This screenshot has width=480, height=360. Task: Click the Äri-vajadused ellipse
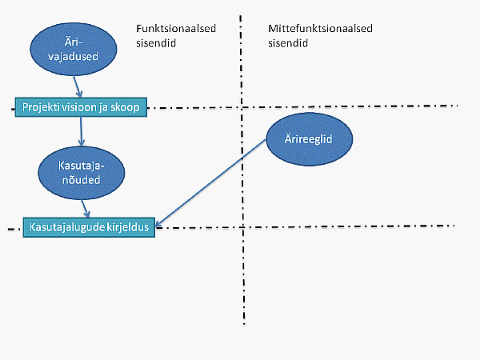(x=74, y=49)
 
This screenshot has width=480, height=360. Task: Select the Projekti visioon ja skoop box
(x=81, y=107)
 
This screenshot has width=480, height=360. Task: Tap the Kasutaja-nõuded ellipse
(x=82, y=173)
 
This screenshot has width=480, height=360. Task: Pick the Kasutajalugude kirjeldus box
(x=89, y=227)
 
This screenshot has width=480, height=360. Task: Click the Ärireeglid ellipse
(x=310, y=139)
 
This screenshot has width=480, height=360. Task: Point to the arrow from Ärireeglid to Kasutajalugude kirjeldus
(x=210, y=184)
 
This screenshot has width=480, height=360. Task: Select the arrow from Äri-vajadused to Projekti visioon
(x=77, y=86)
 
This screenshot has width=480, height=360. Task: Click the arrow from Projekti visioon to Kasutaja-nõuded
(x=81, y=132)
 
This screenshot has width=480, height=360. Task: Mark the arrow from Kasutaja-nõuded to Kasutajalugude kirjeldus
(x=86, y=209)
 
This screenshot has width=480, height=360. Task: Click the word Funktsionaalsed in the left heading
(x=176, y=29)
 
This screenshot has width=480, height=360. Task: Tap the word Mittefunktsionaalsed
(x=320, y=29)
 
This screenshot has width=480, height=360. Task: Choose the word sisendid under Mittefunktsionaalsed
(x=288, y=43)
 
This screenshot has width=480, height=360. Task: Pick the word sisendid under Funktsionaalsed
(x=156, y=43)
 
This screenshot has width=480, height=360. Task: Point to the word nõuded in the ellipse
(x=82, y=180)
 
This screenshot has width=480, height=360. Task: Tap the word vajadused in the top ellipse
(x=73, y=57)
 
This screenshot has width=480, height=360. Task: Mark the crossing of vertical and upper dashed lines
(x=242, y=107)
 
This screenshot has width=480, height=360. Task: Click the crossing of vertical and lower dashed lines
(x=242, y=227)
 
